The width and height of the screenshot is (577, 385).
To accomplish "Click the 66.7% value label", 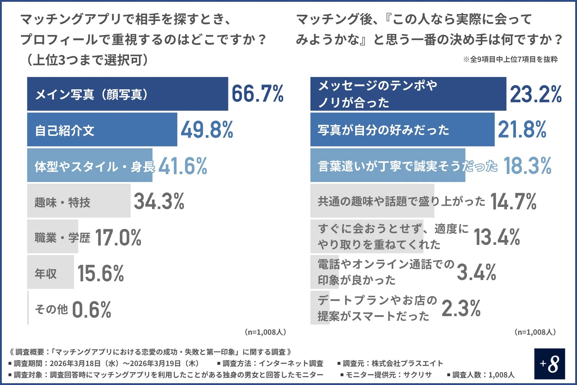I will (x=258, y=94).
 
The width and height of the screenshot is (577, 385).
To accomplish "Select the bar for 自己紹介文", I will (x=102, y=130).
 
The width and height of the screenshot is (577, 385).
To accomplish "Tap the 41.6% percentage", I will (x=183, y=166).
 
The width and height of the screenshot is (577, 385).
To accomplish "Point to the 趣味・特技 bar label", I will (x=62, y=202).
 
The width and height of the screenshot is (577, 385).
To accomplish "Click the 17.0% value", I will (x=118, y=238).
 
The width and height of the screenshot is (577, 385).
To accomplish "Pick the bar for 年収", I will (x=50, y=272).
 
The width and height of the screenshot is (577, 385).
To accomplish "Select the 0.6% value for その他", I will (x=92, y=310).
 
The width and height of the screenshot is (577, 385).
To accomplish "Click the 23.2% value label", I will (x=536, y=94).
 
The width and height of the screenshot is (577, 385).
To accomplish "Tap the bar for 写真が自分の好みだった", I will (x=402, y=130).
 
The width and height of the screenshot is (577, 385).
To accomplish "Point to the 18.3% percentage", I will (x=527, y=166).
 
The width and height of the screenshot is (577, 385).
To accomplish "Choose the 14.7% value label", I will (x=513, y=201).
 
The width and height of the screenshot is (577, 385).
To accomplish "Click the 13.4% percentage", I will (x=497, y=237).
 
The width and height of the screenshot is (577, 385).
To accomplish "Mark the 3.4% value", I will (x=476, y=272).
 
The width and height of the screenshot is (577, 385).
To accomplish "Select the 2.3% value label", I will (x=461, y=308).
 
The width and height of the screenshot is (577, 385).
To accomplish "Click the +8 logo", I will (x=549, y=364).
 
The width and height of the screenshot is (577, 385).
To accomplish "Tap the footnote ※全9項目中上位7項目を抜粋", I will (x=510, y=59).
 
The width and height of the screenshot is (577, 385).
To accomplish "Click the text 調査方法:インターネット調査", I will (x=270, y=363).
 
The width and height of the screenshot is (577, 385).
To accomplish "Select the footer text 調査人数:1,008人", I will (x=481, y=375).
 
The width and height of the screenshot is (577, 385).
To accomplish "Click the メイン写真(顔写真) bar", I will (x=127, y=94).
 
